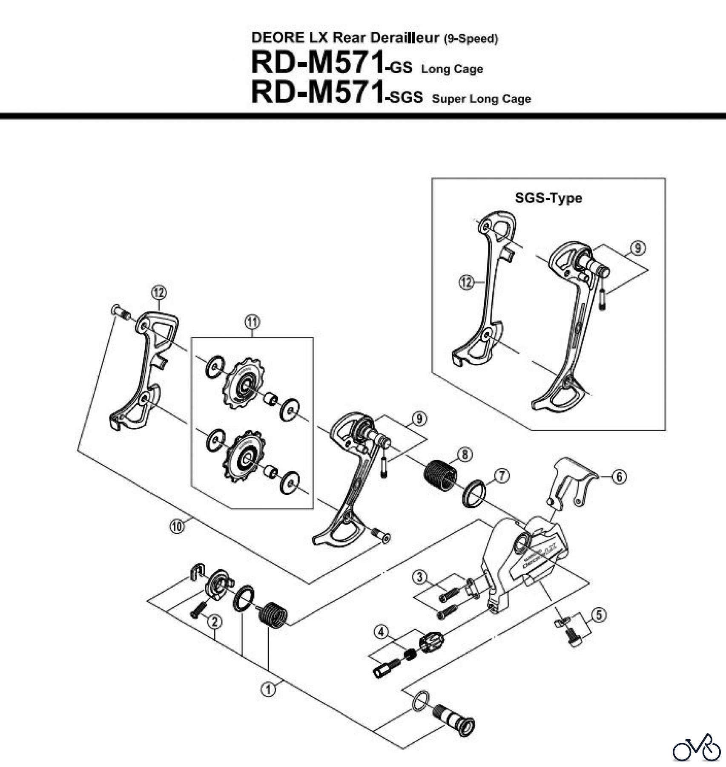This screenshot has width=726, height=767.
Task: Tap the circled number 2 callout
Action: (x=215, y=623)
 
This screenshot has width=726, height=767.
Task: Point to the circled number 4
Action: (x=381, y=631)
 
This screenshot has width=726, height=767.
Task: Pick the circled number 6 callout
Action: (x=619, y=477)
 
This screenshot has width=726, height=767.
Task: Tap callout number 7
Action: (x=502, y=476)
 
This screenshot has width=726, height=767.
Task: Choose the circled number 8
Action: (x=465, y=455)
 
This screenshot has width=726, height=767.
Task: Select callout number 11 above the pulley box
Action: (x=253, y=322)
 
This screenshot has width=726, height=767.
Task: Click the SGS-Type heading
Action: (x=548, y=198)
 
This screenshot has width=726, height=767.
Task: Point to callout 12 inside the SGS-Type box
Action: (x=467, y=282)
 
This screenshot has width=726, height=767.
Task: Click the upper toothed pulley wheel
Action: (x=244, y=385)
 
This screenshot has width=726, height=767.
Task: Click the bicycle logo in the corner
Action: (x=697, y=748)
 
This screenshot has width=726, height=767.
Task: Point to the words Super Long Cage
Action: (x=481, y=99)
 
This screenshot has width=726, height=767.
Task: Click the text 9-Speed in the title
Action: (x=471, y=39)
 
